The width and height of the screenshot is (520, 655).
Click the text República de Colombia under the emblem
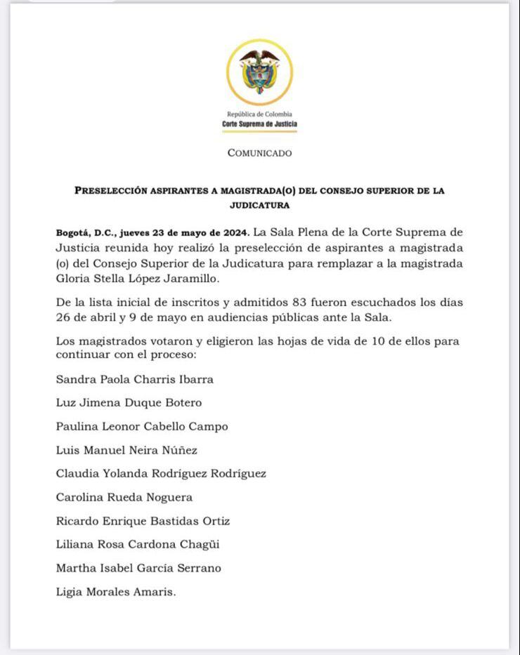259,114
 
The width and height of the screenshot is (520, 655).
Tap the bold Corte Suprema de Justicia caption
259,124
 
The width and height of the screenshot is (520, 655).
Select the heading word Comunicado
259,153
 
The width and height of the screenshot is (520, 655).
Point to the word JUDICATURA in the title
259,206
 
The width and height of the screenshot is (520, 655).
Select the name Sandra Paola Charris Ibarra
134,379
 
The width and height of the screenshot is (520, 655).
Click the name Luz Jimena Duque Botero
129,403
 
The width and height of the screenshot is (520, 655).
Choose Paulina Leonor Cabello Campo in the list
142,426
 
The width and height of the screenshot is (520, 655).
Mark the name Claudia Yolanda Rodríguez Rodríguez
161,474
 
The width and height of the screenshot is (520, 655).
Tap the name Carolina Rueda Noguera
124,498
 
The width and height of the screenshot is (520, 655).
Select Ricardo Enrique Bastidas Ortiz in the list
143,522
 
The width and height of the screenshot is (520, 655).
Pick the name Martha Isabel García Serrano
138,569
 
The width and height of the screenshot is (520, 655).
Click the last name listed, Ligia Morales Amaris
115,593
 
